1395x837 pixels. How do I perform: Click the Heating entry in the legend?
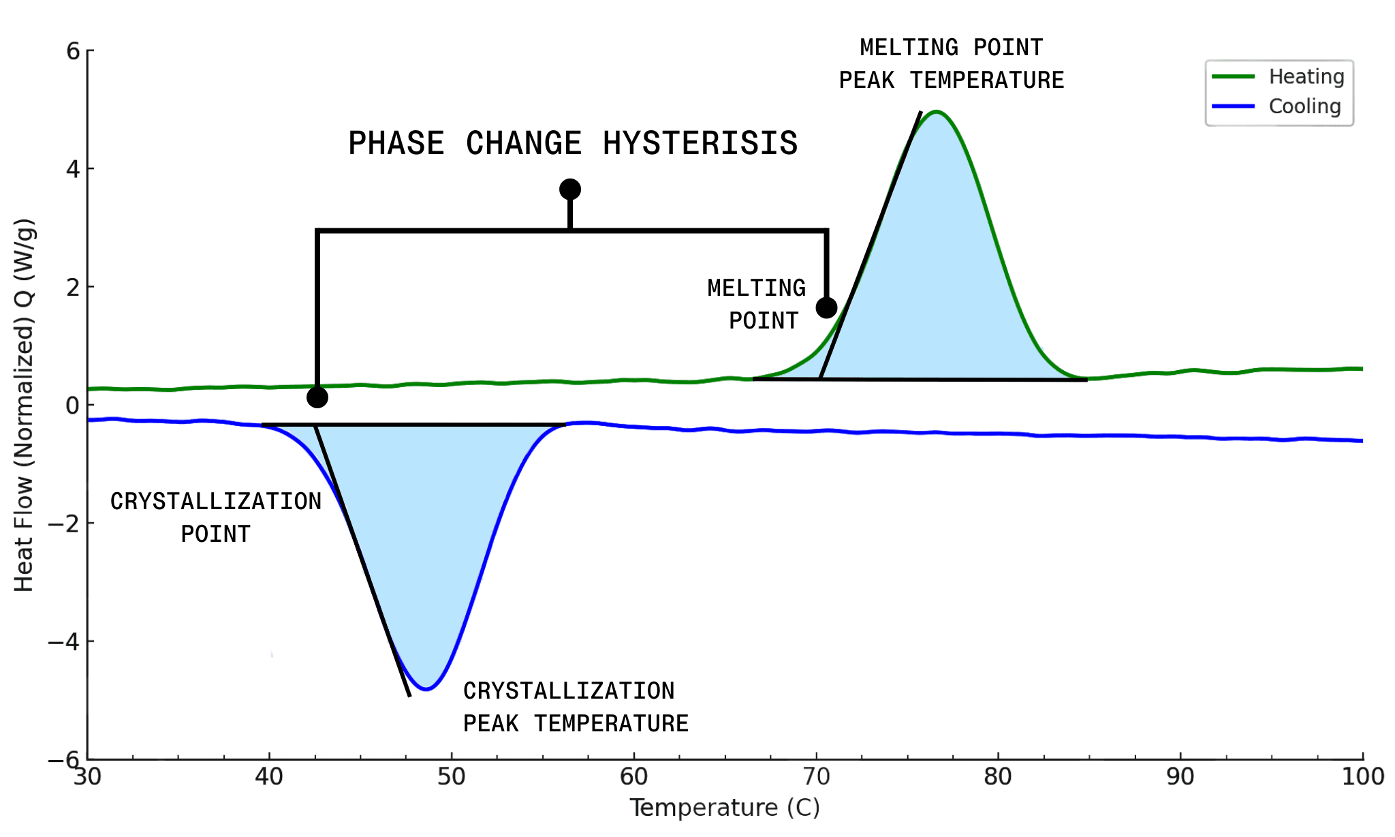[1306, 76]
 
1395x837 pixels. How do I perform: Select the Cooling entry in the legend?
[1304, 106]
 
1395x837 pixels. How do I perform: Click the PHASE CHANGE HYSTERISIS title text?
[573, 143]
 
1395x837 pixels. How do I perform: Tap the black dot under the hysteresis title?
[570, 189]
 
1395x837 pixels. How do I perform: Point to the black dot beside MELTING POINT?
[826, 308]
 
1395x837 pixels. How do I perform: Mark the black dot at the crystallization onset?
[317, 397]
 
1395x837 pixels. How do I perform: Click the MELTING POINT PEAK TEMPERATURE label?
[951, 64]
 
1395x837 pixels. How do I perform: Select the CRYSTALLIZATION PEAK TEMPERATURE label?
[576, 707]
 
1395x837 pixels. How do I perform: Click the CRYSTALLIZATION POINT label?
[215, 517]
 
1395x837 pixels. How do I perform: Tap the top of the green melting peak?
[937, 112]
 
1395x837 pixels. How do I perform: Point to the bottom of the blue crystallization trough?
[426, 689]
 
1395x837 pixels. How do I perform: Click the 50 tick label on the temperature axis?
[451, 777]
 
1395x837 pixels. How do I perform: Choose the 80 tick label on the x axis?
[998, 777]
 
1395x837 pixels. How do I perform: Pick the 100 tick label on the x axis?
[1362, 777]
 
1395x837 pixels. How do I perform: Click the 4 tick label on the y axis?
[72, 169]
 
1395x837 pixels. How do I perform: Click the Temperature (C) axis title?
[724, 808]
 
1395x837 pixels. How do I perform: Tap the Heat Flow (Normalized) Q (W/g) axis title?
[25, 405]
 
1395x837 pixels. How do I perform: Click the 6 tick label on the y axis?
[72, 51]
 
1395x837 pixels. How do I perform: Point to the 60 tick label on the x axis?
[633, 777]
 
